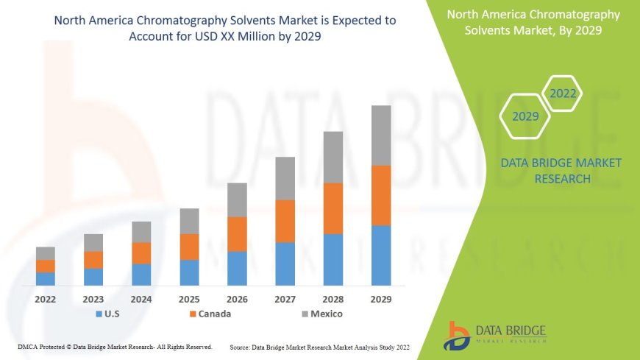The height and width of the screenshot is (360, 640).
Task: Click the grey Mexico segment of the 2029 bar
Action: click(381, 135)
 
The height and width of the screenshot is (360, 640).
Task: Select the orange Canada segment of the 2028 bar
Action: click(333, 208)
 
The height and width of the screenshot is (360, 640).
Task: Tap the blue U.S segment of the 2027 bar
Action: click(285, 264)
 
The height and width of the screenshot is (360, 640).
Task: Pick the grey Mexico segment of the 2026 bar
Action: click(237, 200)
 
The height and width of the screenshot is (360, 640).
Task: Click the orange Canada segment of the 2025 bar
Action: click(189, 247)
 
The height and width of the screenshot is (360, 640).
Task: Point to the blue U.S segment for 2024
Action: click(141, 275)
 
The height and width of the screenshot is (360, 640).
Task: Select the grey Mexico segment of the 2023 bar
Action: click(93, 243)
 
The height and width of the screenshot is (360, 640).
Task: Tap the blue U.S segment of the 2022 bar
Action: click(46, 279)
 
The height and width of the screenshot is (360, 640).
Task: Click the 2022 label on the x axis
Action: click(46, 300)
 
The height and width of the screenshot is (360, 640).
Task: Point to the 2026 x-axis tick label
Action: click(237, 300)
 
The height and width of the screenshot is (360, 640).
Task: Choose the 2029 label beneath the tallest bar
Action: click(381, 300)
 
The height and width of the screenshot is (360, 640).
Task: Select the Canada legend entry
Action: click(210, 314)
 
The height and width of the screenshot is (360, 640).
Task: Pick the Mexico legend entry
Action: click(321, 314)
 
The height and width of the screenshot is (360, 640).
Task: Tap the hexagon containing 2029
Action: click(525, 116)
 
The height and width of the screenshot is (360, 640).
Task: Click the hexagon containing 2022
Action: click(563, 93)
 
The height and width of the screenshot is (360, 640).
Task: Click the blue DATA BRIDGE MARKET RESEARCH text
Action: click(561, 170)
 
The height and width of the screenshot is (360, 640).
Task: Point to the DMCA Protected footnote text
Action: click(115, 346)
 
